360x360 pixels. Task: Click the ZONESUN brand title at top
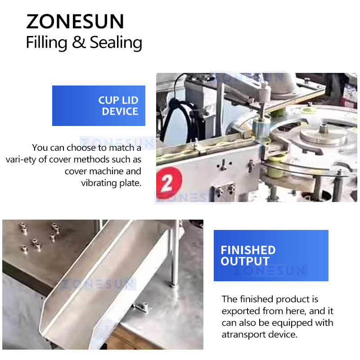(x=75, y=22)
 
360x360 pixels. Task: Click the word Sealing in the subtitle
(x=116, y=42)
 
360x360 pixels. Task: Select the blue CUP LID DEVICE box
(x=99, y=106)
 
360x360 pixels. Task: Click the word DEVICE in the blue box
(x=120, y=112)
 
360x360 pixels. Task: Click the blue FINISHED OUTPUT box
(x=270, y=256)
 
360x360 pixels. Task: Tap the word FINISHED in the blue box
(x=248, y=250)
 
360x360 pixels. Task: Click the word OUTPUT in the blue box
(x=245, y=261)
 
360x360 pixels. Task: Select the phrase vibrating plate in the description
(x=111, y=183)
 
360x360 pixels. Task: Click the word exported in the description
(x=239, y=311)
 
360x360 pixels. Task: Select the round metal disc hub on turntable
(x=323, y=134)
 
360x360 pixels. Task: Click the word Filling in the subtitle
(x=46, y=42)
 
